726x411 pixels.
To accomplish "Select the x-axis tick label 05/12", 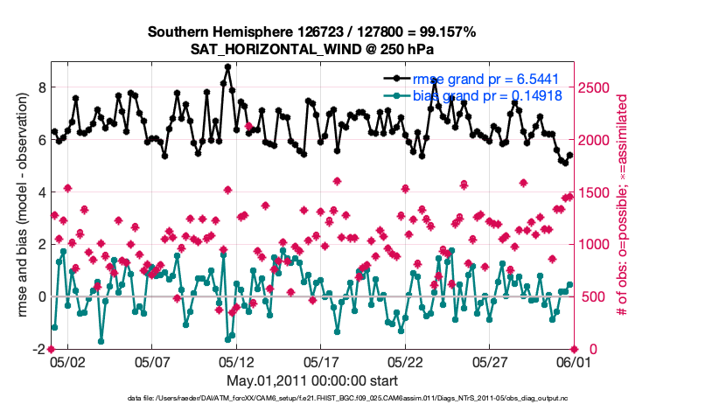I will click(236, 360).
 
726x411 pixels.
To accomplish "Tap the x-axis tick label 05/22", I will click(406, 360).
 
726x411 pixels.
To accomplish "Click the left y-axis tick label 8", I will click(39, 87).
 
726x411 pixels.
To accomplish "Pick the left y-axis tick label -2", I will click(37, 349).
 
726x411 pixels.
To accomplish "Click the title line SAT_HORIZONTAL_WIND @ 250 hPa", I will click(311, 49).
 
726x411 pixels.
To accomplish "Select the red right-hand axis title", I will click(624, 205).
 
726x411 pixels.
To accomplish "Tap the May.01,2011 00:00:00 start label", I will click(312, 381).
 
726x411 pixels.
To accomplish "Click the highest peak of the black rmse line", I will click(227, 66).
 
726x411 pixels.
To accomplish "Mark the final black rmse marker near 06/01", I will click(570, 155).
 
